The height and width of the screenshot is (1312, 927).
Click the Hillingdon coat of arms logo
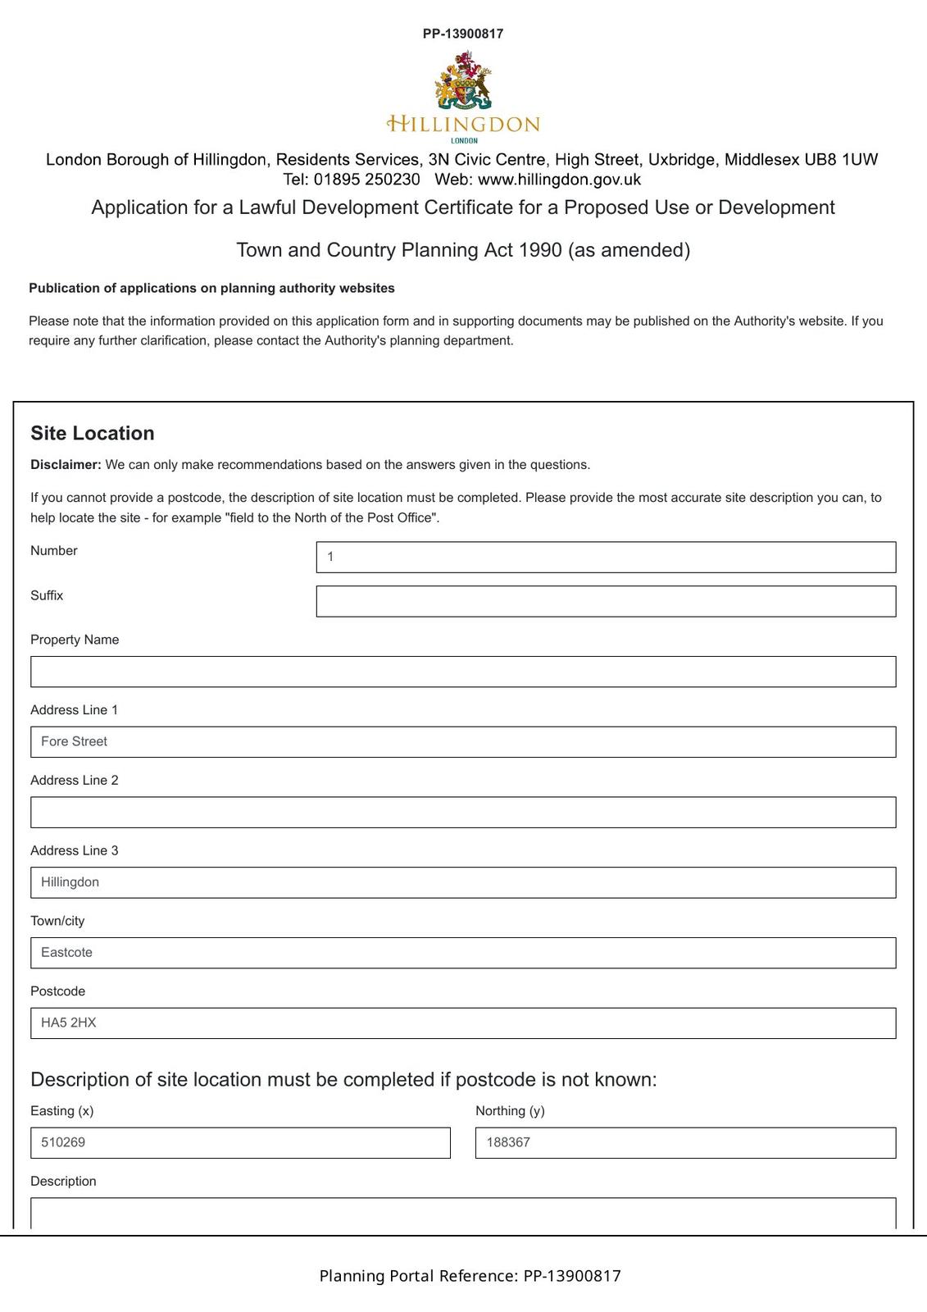(463, 80)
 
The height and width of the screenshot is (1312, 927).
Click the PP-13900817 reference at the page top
(463, 34)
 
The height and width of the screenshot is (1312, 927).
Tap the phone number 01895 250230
(366, 179)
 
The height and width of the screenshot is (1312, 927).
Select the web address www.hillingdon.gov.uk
(559, 179)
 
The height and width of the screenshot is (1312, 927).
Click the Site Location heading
(93, 433)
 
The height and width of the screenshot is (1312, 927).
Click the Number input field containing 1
(606, 557)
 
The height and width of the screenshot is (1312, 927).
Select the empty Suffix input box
(606, 601)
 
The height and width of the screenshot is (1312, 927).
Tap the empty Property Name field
(463, 672)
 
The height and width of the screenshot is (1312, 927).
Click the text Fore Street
(74, 741)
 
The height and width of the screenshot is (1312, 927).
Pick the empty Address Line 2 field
(463, 812)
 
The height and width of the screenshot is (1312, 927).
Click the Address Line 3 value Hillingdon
(70, 882)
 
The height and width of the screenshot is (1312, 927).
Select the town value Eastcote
(66, 953)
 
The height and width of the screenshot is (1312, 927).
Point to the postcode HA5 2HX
(69, 1023)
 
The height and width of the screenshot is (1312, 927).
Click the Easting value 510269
(63, 1142)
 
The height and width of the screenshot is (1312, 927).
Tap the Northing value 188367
(508, 1142)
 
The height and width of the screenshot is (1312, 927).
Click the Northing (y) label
(510, 1110)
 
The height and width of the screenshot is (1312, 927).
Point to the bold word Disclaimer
(66, 465)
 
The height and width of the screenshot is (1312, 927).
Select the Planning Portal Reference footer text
(470, 1276)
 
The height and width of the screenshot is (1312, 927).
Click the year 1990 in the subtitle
(540, 250)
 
